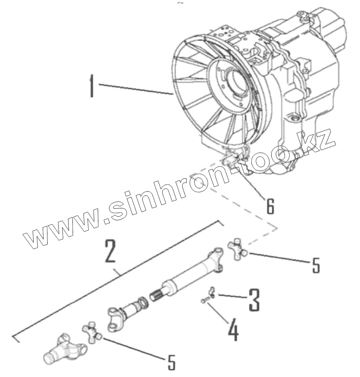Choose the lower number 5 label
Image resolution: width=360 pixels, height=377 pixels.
pyautogui.click(x=172, y=362)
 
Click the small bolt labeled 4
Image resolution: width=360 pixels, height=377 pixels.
pyautogui.click(x=204, y=302)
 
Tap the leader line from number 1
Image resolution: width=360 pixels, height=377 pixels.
pyautogui.click(x=136, y=89)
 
